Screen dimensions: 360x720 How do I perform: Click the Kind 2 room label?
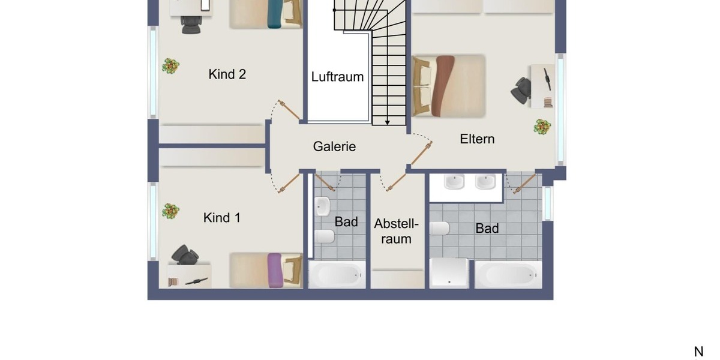pos(227,74)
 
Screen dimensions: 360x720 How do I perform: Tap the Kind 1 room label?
pos(222,218)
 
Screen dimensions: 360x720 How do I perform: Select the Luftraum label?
pos(337,77)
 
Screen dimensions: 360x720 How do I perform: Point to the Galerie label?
pos(334,146)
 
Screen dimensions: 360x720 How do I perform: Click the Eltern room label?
pos(477,139)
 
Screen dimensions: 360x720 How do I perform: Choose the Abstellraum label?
pos(396,232)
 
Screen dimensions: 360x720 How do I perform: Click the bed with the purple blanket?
pos(266,269)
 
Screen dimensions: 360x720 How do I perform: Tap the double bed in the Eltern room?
pos(448,86)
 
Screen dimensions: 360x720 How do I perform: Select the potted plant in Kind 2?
pos(170,65)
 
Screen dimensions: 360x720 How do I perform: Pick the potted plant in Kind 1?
pos(170,211)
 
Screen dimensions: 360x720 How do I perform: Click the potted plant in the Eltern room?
pos(542,127)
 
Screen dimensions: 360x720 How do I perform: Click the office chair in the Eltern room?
pos(521,88)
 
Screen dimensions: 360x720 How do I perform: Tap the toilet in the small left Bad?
pos(324,236)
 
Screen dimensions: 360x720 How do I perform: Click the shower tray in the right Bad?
pos(449,273)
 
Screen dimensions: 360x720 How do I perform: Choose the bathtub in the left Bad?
pos(337,275)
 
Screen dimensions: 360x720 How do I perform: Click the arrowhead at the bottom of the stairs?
pos(388,122)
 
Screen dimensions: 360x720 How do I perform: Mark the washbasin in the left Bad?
pos(322,206)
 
